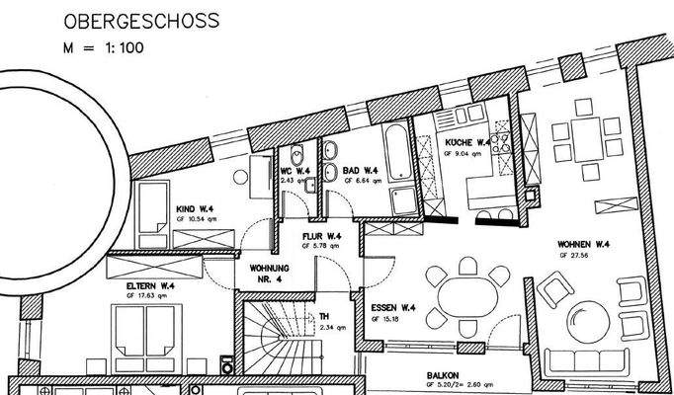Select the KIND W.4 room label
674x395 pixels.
(x=197, y=209)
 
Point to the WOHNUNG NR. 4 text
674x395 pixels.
(x=269, y=273)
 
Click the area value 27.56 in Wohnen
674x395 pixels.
(x=590, y=255)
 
